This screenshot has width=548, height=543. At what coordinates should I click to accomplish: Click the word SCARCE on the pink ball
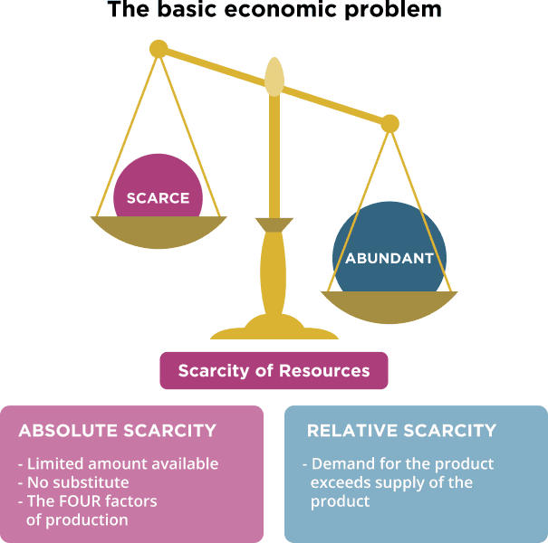coord(158,198)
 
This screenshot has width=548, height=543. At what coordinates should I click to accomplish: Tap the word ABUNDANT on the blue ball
coord(389,258)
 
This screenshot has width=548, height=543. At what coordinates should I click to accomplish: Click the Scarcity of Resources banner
coord(274,371)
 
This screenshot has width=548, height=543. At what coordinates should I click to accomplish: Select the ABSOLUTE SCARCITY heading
coord(118,430)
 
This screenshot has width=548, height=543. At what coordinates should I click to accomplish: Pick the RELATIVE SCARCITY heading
coord(402,430)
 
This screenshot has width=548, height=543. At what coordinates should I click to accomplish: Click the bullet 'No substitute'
coord(78,482)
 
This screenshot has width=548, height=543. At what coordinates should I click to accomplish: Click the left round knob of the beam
coord(159,48)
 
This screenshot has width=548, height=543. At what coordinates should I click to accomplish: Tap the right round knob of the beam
coord(389,122)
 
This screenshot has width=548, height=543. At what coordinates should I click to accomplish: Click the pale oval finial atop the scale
coord(274,77)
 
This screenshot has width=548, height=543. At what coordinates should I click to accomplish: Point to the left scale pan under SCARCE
coord(159,232)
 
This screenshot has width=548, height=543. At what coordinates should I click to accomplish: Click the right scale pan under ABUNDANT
coord(389,306)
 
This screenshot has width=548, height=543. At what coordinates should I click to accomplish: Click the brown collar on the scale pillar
coord(274,224)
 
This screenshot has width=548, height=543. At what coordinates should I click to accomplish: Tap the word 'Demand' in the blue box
coord(339,463)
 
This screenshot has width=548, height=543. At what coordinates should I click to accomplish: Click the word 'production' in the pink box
coord(90,519)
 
